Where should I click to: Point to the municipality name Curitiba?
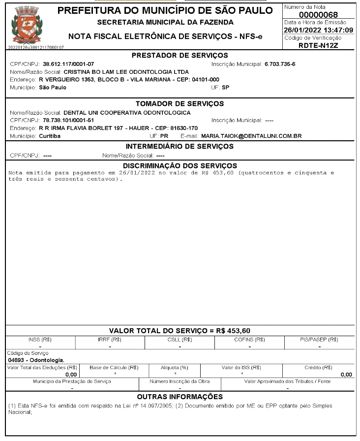(x=50, y=135)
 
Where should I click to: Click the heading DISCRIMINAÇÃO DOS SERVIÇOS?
(x=180, y=165)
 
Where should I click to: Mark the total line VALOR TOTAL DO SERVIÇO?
(x=180, y=330)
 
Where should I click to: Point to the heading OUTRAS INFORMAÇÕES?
(x=180, y=397)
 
